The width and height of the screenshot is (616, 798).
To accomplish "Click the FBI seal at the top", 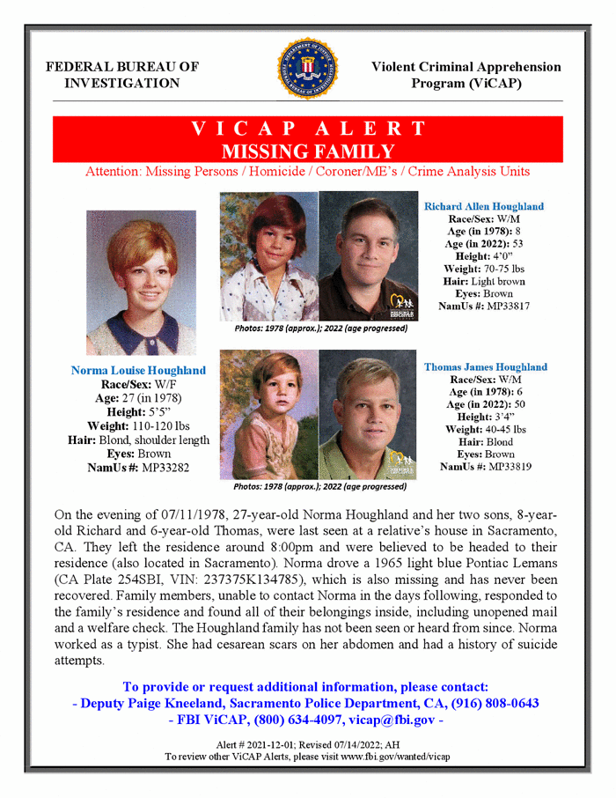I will (x=308, y=70).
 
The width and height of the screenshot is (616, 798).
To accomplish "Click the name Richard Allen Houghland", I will (x=483, y=206).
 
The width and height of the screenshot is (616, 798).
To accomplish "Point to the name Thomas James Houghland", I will (x=485, y=366).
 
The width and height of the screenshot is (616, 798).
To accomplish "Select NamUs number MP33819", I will (x=503, y=466).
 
